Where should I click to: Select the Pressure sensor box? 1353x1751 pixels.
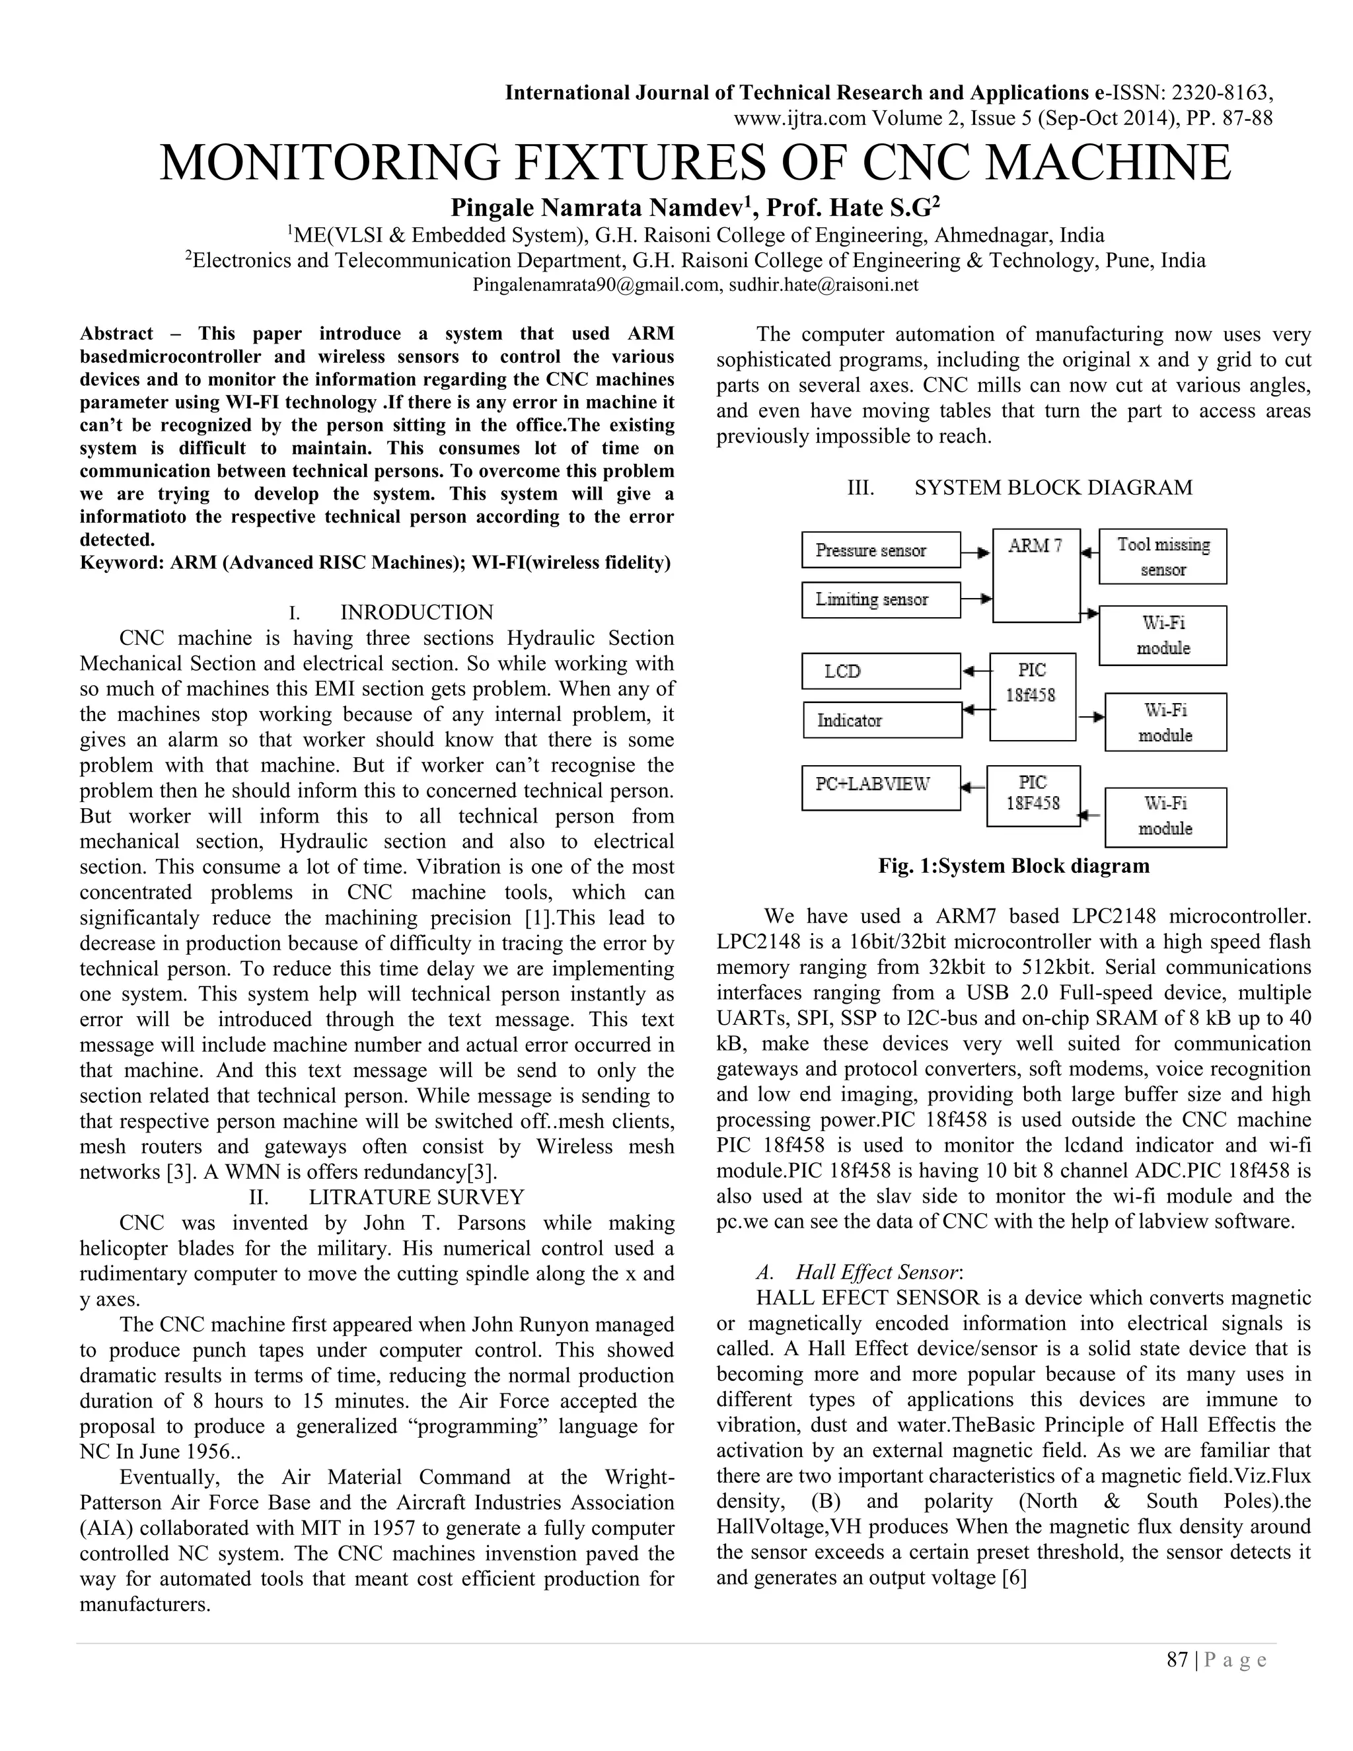[880, 550]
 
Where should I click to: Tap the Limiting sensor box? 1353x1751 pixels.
[880, 600]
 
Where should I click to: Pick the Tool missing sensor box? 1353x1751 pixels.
[1162, 556]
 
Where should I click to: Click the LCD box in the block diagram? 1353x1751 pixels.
[880, 671]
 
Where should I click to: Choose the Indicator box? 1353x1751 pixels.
[882, 720]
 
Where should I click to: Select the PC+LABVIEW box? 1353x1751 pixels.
[880, 788]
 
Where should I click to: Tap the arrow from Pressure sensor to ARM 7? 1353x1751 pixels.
[976, 552]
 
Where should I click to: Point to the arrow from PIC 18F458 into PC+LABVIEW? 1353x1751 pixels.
[973, 788]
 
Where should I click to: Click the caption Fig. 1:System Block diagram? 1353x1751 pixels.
[1013, 866]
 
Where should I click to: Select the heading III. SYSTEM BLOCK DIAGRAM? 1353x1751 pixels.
[1019, 488]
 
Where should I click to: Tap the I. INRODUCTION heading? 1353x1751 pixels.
[391, 613]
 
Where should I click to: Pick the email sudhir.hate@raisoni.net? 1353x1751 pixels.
[823, 285]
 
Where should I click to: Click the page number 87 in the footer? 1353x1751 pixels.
[1177, 1660]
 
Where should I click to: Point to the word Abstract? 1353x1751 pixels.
[116, 334]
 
